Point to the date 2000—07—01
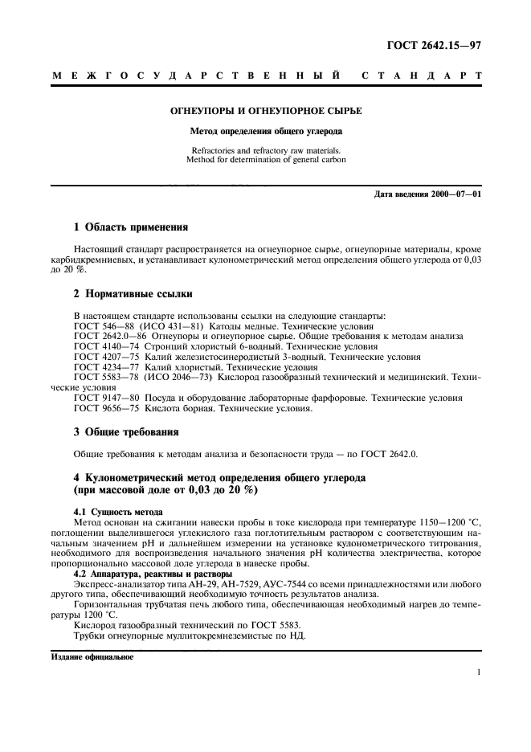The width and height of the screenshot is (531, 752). pos(453,195)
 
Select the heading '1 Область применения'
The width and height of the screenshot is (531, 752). pos(131,227)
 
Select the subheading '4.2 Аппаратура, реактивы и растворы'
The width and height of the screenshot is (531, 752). pos(153,574)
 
